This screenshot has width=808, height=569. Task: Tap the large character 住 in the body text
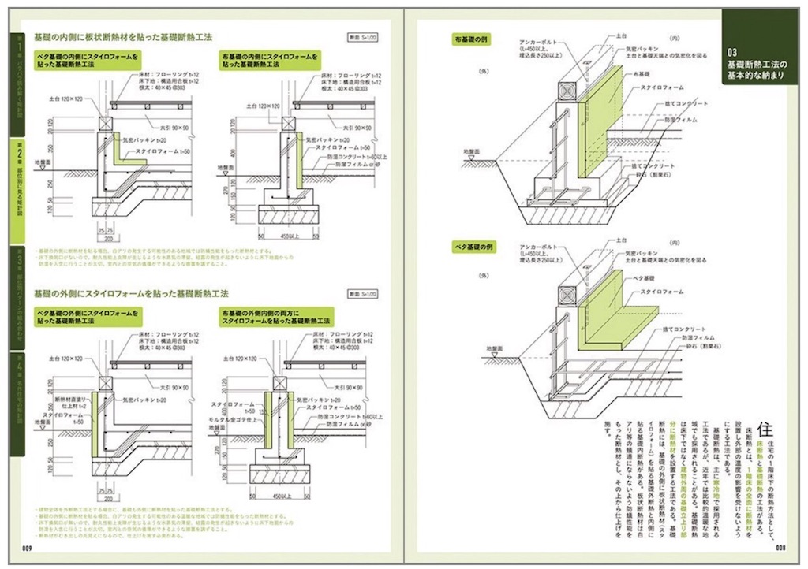pyautogui.click(x=763, y=429)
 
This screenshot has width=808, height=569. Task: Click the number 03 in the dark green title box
pyautogui.click(x=733, y=51)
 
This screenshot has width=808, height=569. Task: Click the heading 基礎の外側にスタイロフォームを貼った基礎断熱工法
pyautogui.click(x=131, y=293)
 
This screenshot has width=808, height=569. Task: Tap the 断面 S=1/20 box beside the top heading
pyautogui.click(x=365, y=37)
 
